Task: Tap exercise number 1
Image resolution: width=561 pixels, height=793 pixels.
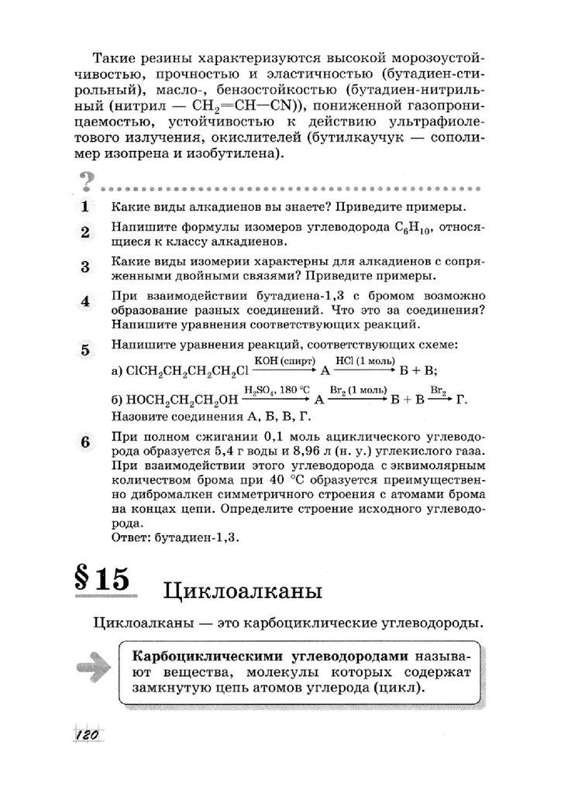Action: pos(85,208)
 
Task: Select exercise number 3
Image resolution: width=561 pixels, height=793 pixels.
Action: pos(85,267)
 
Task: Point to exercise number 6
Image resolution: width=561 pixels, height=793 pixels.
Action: pos(85,442)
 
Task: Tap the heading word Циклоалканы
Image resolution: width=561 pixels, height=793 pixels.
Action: pos(243,592)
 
